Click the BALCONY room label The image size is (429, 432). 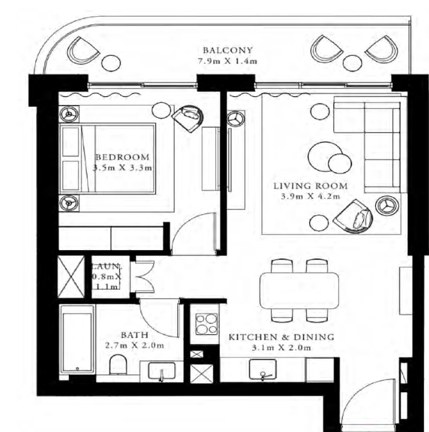tap(227, 50)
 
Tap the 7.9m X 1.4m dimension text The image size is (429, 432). tap(227, 61)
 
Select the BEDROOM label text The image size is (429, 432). tap(122, 157)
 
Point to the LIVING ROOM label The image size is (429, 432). tap(310, 186)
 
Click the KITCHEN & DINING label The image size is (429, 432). tap(281, 337)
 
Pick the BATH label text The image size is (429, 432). tap(135, 335)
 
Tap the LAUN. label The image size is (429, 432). tap(106, 266)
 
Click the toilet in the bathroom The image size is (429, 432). tap(118, 365)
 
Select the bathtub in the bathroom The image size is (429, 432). tap(77, 339)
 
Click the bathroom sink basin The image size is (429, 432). tap(162, 371)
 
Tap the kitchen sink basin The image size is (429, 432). tap(262, 369)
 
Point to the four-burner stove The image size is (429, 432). tap(206, 324)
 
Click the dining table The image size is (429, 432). tap(299, 290)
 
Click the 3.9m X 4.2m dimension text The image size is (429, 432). tap(310, 196)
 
